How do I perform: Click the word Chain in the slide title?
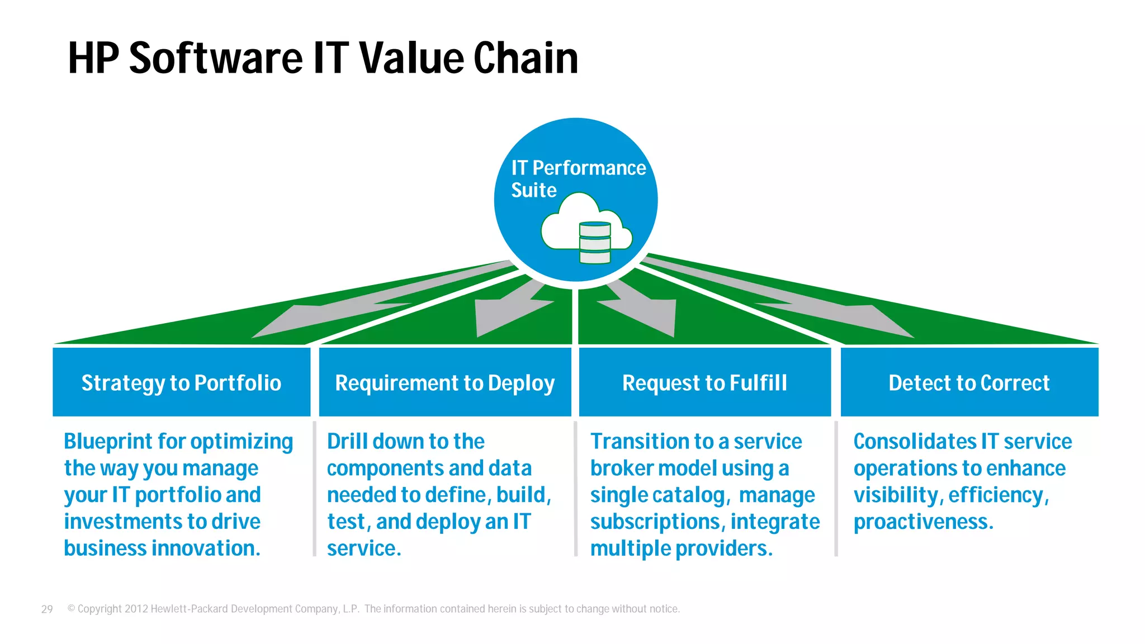tap(526, 58)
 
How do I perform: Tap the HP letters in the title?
tap(93, 58)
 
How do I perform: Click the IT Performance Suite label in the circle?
tap(578, 178)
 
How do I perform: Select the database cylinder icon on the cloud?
tap(595, 243)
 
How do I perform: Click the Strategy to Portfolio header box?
tap(181, 382)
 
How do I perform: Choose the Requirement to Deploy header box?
tap(445, 382)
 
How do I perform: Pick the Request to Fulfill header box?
tap(704, 382)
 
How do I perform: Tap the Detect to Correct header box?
tap(969, 382)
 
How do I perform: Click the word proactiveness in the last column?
tap(923, 522)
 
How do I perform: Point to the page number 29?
tap(47, 609)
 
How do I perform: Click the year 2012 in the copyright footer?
tap(136, 609)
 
